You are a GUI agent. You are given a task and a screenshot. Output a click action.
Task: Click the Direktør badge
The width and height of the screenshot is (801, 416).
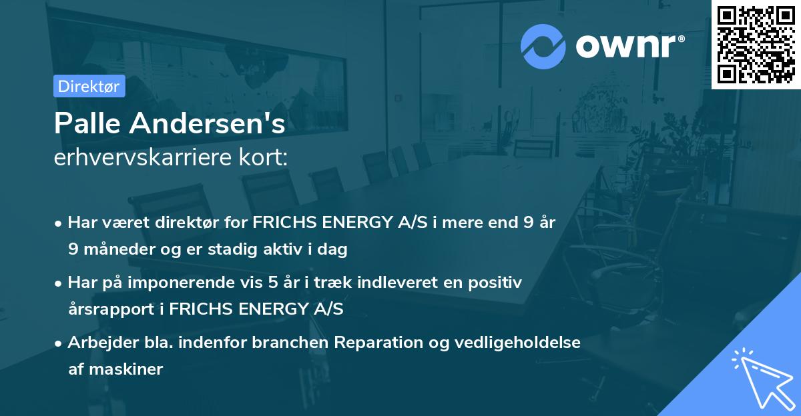coord(89,86)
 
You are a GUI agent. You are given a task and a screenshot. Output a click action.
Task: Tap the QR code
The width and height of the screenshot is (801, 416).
coord(756,44)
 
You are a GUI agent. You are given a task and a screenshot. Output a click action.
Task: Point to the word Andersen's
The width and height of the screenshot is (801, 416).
coord(210,123)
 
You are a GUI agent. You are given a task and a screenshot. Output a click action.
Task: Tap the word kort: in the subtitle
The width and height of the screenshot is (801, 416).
coord(266,158)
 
